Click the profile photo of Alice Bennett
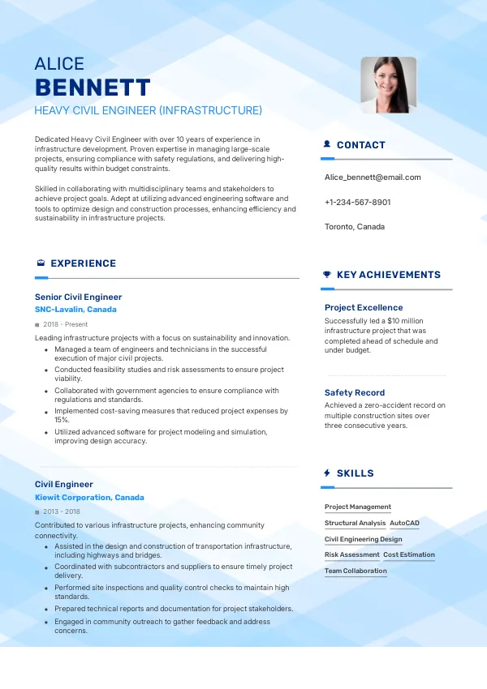[388, 84]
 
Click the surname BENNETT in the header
[93, 88]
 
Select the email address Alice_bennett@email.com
[373, 177]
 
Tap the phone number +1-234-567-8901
[357, 202]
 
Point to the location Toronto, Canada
[355, 227]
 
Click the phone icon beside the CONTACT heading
[327, 145]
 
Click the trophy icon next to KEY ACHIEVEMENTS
[327, 275]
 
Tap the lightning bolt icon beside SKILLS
[327, 473]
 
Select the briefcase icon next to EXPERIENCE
[41, 263]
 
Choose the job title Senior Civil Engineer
[78, 297]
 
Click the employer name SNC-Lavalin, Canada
[75, 310]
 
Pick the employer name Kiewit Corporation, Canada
[89, 498]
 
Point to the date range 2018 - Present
[64, 324]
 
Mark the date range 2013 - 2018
[61, 512]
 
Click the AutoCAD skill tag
[404, 524]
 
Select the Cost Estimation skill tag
[409, 555]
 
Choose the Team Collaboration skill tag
[356, 571]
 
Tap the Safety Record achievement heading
[355, 392]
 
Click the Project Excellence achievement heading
[364, 308]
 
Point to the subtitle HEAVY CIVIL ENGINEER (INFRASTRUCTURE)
[148, 110]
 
